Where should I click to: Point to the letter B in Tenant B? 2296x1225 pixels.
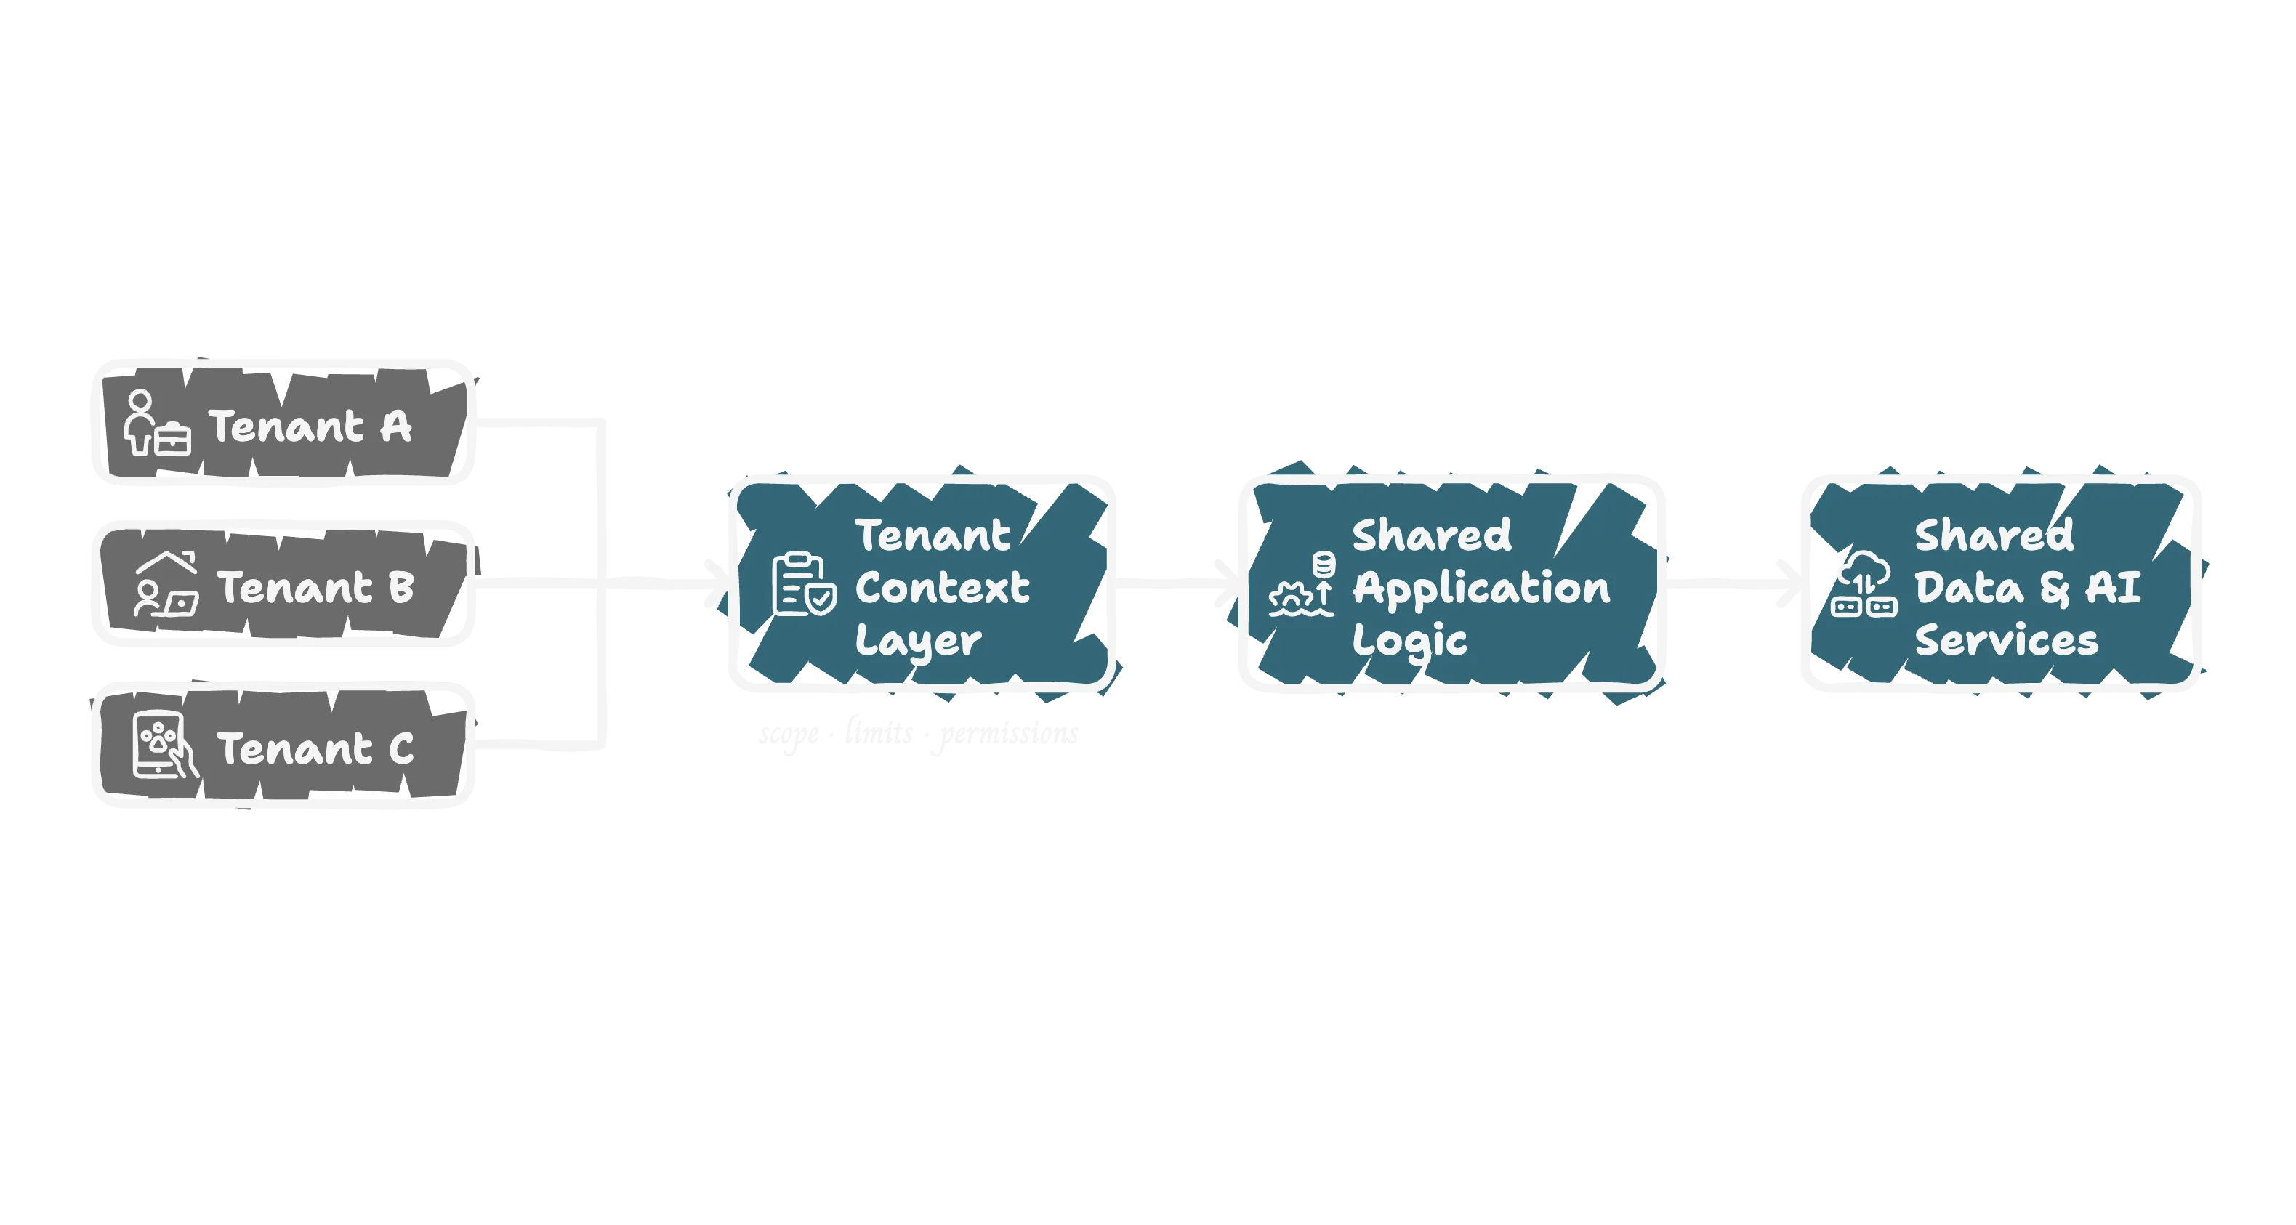pyautogui.click(x=402, y=587)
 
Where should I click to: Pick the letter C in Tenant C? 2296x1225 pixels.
pyautogui.click(x=401, y=749)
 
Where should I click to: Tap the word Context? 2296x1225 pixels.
pyautogui.click(x=942, y=587)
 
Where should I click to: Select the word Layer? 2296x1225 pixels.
pyautogui.click(x=918, y=642)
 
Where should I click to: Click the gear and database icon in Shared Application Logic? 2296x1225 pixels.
pyautogui.click(x=1302, y=586)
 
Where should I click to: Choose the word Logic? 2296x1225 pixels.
pyautogui.click(x=1409, y=642)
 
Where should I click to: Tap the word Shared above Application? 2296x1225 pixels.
pyautogui.click(x=1431, y=535)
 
